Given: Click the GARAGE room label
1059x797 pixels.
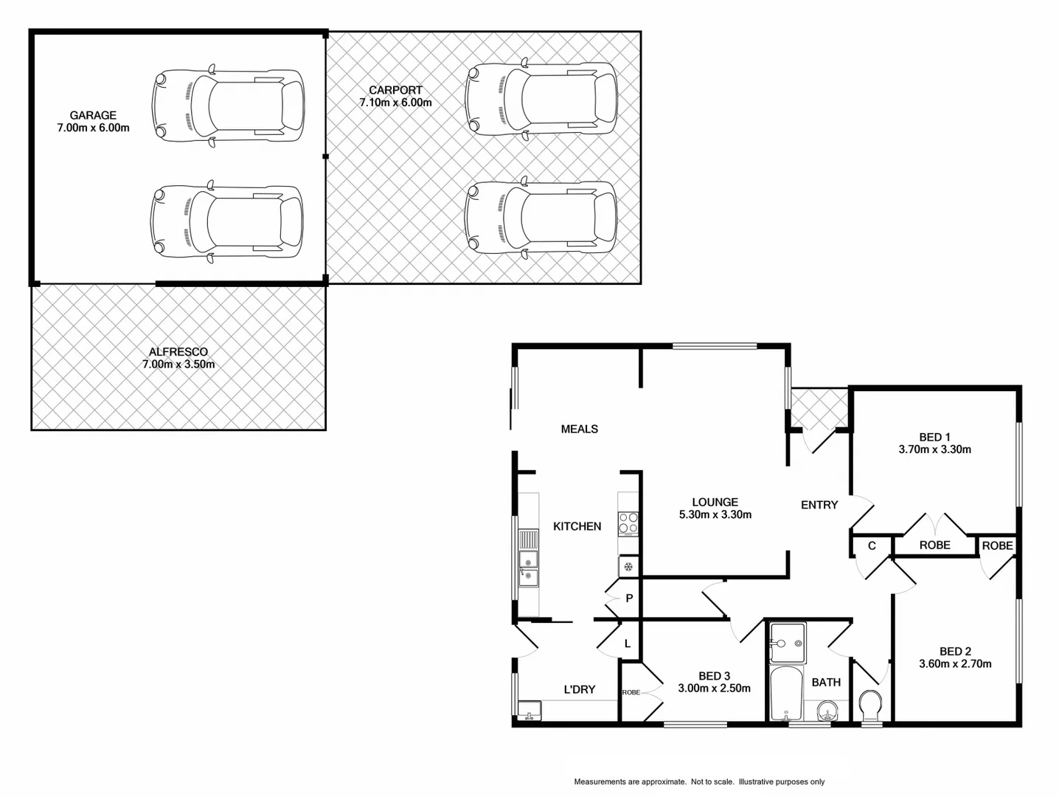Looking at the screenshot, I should (93, 115).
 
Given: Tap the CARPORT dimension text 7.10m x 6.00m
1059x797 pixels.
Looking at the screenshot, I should (396, 103).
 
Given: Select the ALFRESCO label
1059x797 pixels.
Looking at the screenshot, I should (178, 352).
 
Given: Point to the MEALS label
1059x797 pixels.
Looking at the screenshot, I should (580, 429).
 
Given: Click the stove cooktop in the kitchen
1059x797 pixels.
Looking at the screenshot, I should (628, 523).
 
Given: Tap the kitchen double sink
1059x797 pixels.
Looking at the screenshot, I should (528, 567).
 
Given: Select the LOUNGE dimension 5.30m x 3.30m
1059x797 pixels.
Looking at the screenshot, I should (715, 515).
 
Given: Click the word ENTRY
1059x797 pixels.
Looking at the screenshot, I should (819, 505).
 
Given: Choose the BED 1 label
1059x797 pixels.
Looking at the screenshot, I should (934, 437).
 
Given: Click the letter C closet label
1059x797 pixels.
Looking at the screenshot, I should (872, 546).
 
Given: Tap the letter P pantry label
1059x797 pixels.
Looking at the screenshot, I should (629, 598).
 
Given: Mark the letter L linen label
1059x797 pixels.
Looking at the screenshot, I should (628, 644).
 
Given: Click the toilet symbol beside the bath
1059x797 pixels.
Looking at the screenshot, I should (870, 705).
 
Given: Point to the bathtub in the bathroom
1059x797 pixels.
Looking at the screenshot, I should (786, 694).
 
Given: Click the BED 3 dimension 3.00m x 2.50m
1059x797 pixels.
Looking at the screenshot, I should (715, 689).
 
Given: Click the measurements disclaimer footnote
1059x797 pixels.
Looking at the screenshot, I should (699, 782).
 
